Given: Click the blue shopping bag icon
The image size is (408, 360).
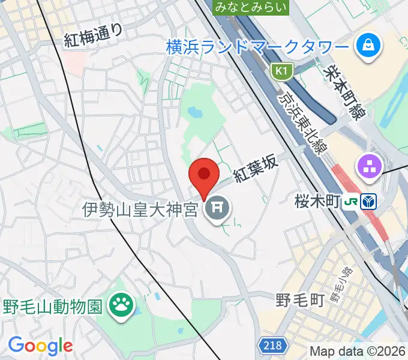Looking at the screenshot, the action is [x=364, y=46].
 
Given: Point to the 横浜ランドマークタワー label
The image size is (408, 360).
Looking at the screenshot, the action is [x=257, y=47].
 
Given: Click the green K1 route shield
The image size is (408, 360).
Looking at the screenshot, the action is [x=280, y=72].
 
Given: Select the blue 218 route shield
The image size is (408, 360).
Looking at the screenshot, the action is [x=273, y=345].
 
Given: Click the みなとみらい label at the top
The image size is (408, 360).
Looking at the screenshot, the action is [x=251, y=7].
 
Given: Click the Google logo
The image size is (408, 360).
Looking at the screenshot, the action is [x=40, y=346].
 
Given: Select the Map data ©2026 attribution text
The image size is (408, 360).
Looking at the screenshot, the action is [x=358, y=351].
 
